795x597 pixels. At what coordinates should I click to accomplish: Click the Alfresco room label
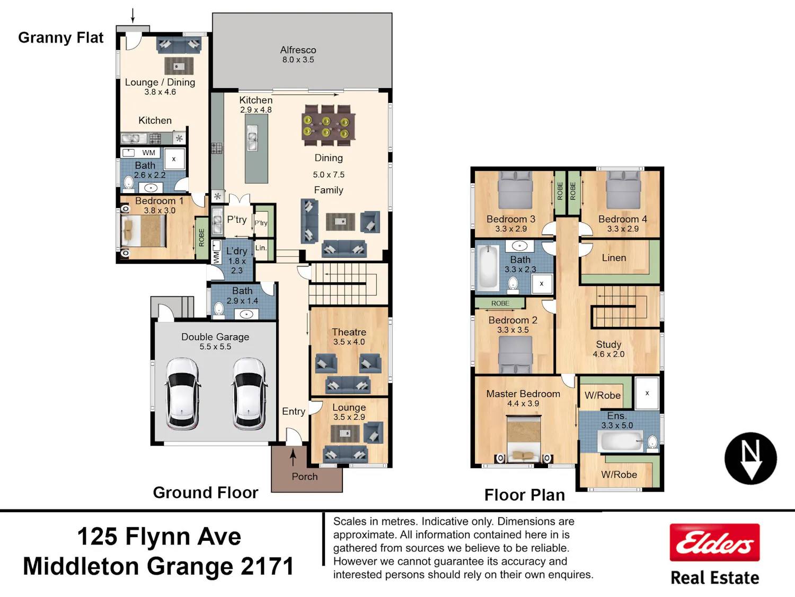298,50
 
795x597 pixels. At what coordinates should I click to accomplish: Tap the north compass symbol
750,458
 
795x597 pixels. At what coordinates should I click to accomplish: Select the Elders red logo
714,542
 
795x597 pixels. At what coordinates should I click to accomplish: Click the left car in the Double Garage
182,394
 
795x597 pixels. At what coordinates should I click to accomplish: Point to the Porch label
305,477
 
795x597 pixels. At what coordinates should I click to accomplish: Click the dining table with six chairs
328,125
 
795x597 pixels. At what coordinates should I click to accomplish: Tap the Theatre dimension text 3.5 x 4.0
349,342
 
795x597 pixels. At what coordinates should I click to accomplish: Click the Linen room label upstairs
614,258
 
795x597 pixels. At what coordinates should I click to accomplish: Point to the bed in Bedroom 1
144,231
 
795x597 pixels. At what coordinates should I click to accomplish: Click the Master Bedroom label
523,394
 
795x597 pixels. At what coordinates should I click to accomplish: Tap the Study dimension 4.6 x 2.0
608,354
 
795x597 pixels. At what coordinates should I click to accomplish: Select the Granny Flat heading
61,38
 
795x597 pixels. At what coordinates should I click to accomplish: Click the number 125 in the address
98,537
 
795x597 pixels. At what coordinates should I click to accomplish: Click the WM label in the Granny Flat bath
148,153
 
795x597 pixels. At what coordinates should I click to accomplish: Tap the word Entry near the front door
294,411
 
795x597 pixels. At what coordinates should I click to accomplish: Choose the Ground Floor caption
206,492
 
